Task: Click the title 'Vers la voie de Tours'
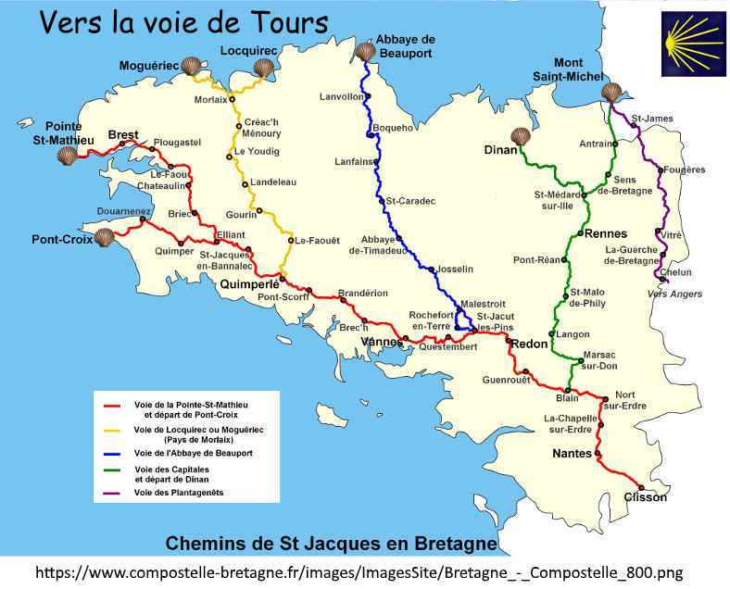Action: pos(183,21)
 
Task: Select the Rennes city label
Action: pos(606,233)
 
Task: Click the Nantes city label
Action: pos(571,454)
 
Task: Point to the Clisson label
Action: pos(645,497)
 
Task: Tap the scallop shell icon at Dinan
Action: pos(522,136)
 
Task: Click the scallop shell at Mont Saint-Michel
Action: pos(610,93)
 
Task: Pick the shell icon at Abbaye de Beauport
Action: pos(363,50)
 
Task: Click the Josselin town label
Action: pos(454,269)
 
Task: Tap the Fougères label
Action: pos(685,169)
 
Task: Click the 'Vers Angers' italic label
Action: pos(673,294)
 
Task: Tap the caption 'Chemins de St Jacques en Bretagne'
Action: pos(331,542)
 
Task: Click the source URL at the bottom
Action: pos(364,571)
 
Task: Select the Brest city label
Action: pos(123,135)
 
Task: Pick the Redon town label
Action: pos(529,344)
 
